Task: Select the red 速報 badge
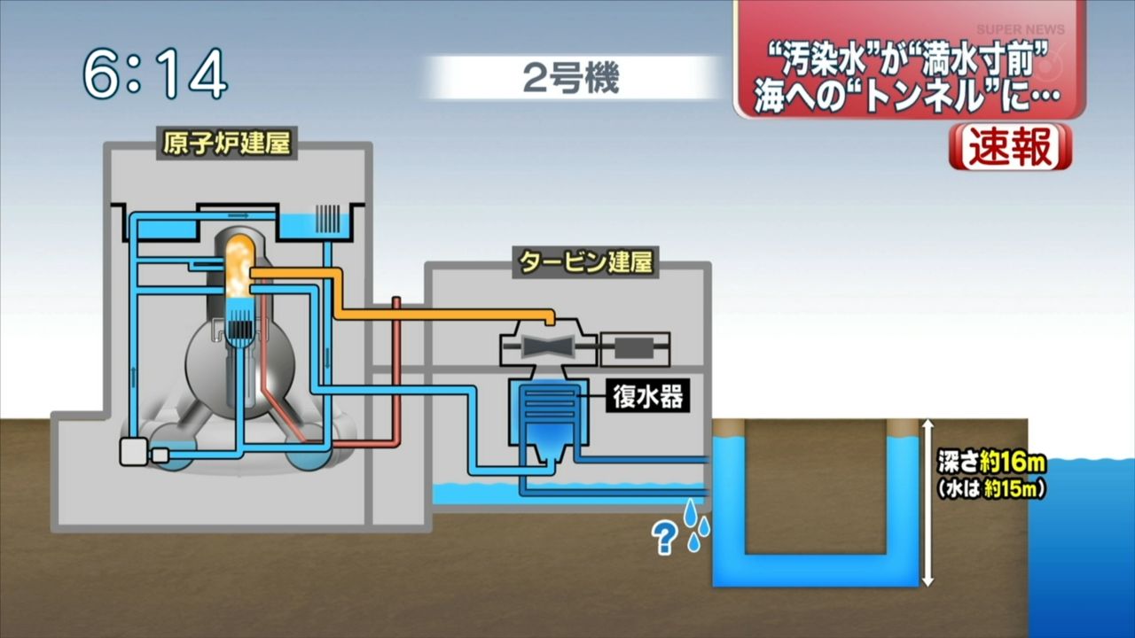tap(1010, 147)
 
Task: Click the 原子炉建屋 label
tap(227, 143)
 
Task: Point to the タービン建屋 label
tap(586, 263)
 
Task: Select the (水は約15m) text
tap(990, 488)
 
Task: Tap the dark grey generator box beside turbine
tap(634, 348)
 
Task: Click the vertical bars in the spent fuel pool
tap(327, 218)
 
